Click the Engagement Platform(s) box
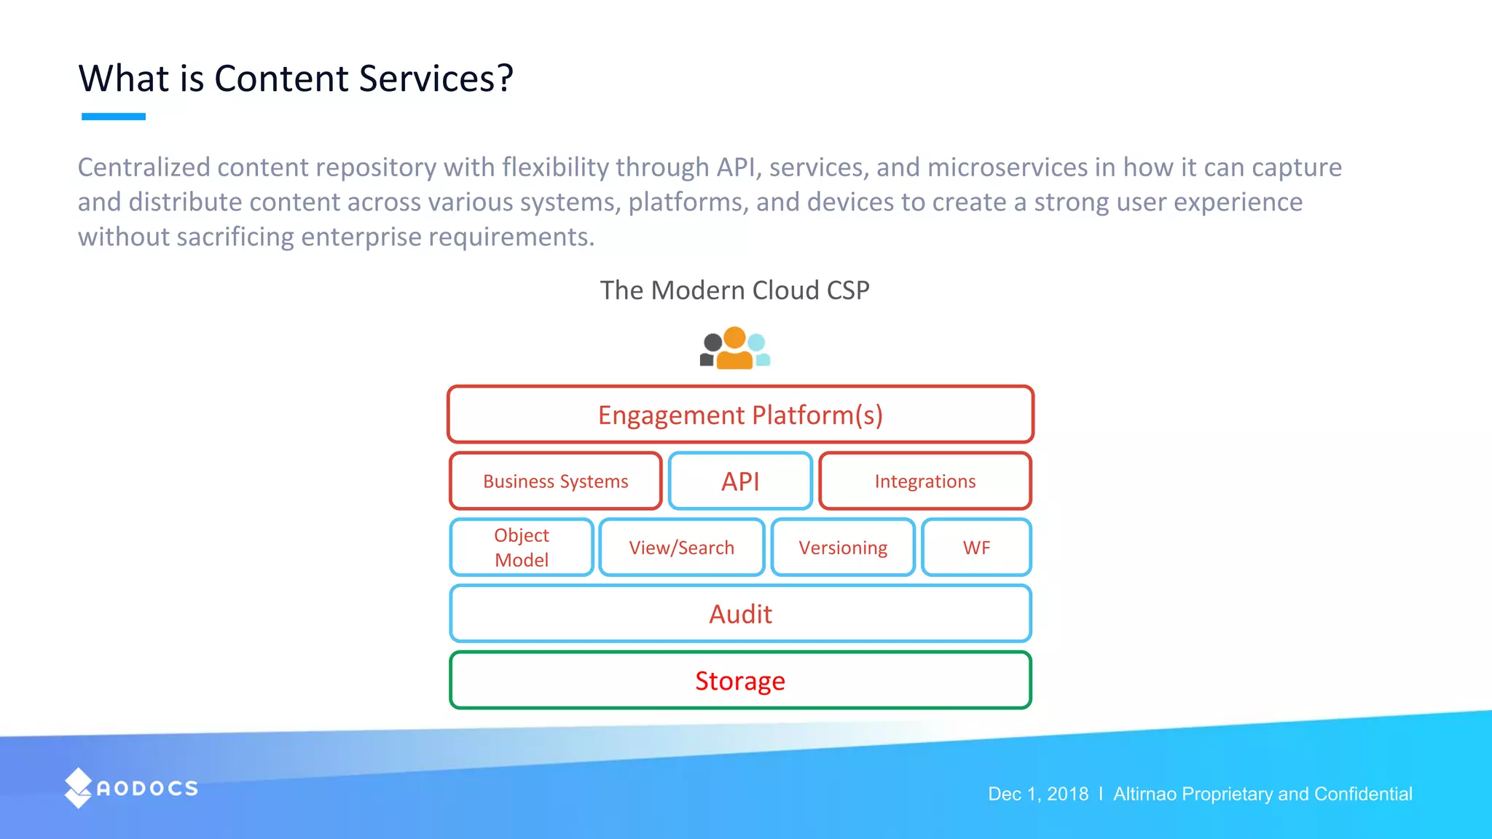tap(740, 414)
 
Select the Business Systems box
tap(555, 481)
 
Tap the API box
tap(740, 481)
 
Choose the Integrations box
tap(924, 481)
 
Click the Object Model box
tap(522, 548)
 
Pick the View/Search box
tap(681, 548)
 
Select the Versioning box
tap(843, 548)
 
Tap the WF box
tap(976, 548)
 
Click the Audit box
tap(740, 614)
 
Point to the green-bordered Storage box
tap(740, 680)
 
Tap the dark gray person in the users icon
tap(710, 350)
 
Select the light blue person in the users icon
tap(759, 350)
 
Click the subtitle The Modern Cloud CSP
tap(734, 290)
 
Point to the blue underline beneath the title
tap(114, 117)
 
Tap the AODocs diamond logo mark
tap(78, 788)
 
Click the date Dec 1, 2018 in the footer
tap(1037, 794)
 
